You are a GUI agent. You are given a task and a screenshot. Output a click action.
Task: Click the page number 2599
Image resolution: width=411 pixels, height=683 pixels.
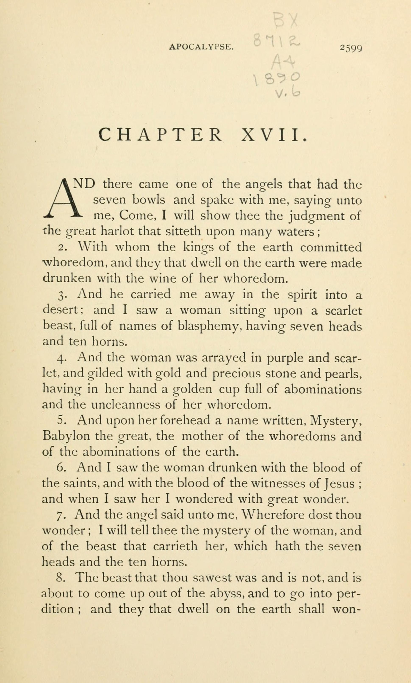(351, 48)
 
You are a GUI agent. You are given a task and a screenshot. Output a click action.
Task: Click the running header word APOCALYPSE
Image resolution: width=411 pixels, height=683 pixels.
(201, 47)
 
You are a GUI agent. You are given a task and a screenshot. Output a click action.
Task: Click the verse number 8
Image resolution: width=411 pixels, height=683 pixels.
(61, 578)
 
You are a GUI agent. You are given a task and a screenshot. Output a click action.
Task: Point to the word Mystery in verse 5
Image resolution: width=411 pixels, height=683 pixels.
(336, 421)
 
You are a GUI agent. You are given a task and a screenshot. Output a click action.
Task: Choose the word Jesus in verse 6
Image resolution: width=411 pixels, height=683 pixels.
(340, 484)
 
